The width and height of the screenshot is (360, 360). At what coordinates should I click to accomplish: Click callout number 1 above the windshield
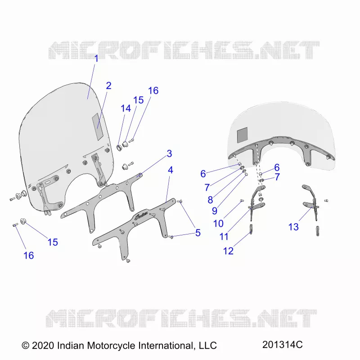(96, 58)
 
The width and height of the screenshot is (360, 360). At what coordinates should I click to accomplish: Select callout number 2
(108, 85)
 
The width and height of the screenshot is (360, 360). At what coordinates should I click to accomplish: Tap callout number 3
(170, 153)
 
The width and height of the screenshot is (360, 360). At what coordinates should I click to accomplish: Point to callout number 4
(171, 170)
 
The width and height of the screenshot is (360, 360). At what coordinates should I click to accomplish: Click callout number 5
(198, 233)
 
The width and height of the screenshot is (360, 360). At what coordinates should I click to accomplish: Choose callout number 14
(126, 108)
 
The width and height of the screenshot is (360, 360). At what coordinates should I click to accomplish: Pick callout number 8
(210, 200)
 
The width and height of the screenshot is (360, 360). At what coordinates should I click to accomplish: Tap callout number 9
(215, 211)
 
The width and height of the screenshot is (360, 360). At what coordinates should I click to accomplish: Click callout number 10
(218, 223)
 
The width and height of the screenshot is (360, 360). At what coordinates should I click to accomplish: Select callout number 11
(224, 237)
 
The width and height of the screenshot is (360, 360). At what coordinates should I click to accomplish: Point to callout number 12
(229, 251)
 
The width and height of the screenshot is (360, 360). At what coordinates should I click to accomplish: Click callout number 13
(293, 227)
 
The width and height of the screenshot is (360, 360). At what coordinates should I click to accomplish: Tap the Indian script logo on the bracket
(140, 217)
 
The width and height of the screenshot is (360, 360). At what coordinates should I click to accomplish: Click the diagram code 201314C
(283, 344)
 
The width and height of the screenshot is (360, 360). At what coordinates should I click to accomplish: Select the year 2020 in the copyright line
(43, 346)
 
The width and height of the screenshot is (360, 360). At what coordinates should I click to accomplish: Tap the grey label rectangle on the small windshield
(242, 134)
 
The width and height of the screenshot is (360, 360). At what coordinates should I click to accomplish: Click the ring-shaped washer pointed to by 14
(120, 148)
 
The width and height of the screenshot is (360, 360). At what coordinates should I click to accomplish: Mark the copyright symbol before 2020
(26, 346)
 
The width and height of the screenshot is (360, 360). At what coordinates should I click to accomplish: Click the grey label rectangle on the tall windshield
(98, 126)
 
